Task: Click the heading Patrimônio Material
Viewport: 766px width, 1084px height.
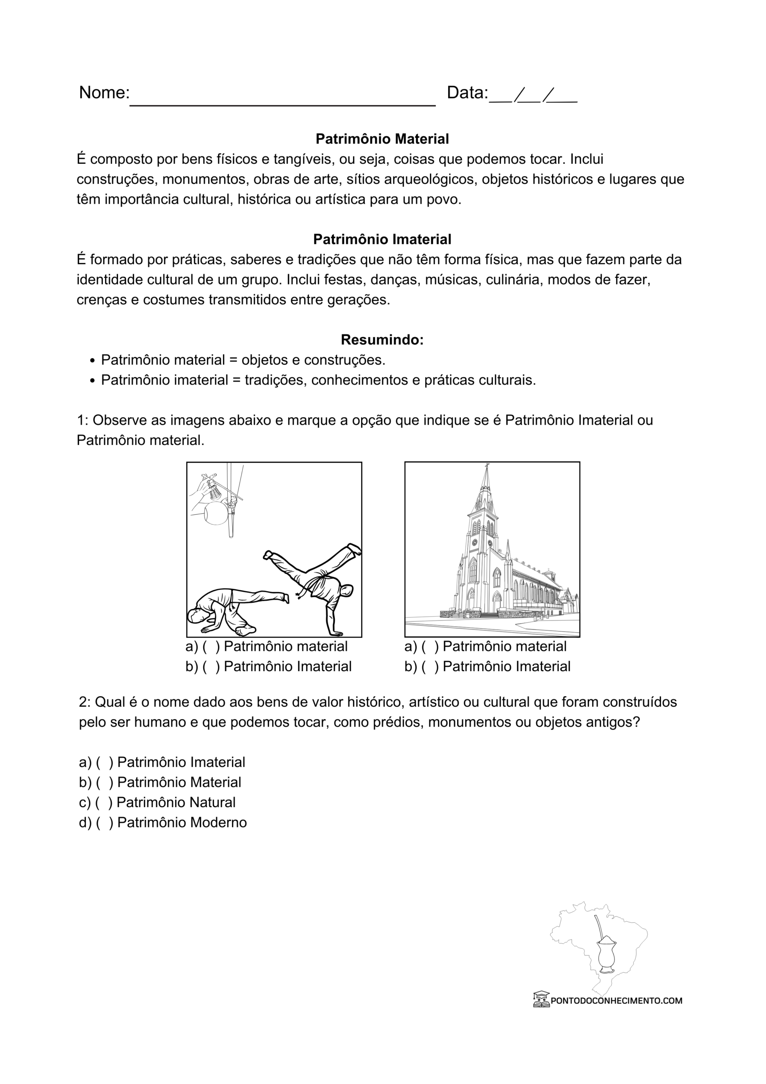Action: tap(382, 139)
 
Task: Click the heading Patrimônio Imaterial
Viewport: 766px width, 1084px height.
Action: tap(382, 239)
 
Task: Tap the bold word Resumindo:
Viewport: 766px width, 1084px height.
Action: tap(382, 340)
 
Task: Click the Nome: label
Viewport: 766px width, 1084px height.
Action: tap(104, 93)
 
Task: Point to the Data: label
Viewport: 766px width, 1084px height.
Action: tap(467, 93)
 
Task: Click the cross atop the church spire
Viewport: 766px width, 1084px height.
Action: tap(487, 467)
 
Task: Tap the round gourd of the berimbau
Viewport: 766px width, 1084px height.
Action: tap(216, 513)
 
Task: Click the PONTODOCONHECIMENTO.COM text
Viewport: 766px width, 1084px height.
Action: tap(616, 1001)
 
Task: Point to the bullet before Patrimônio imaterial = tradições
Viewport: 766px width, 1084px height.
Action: tap(93, 381)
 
